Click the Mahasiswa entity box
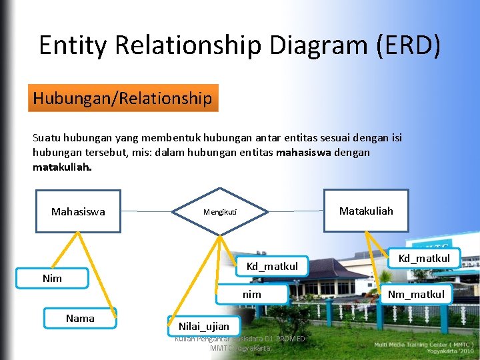tap(78, 211)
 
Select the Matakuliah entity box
tap(366, 211)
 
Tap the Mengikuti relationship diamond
tap(220, 213)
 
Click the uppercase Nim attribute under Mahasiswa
tap(52, 278)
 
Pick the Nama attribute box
tap(80, 318)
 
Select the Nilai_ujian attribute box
tap(203, 326)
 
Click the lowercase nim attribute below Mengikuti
tap(252, 294)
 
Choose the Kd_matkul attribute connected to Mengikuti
tap(272, 267)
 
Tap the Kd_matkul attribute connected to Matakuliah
tap(424, 258)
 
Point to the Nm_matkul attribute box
tap(416, 294)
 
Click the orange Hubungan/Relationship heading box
tap(123, 99)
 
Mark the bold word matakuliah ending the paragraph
tap(62, 167)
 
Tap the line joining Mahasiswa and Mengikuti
tap(147, 212)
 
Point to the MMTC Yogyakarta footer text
tap(240, 348)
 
